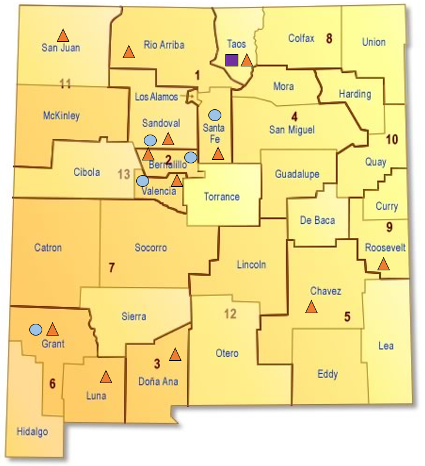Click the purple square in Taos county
232,60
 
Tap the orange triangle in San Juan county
62,35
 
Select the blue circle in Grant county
36,329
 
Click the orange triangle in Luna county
106,377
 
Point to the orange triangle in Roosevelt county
383,264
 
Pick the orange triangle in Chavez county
311,307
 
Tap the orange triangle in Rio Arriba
129,52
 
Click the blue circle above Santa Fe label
215,114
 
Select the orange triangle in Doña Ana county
175,354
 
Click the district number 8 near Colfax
329,39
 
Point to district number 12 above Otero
230,314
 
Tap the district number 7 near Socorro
112,268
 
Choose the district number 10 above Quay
392,139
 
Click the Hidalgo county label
32,432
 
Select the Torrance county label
221,197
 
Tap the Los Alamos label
155,96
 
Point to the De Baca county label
318,220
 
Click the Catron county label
48,247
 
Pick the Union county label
374,42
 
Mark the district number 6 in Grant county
52,384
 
